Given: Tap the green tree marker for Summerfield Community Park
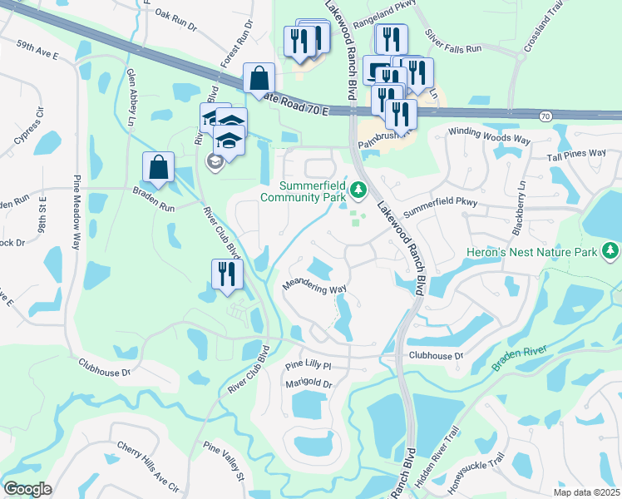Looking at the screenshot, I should pos(358,190).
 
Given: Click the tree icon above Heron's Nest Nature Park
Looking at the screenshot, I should pos(611,249).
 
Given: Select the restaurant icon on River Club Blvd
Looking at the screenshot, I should pos(226,274).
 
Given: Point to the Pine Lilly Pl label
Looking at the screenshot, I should pos(309,365).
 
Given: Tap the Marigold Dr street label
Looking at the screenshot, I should pos(309,384).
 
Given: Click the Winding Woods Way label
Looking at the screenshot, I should pos(489,133).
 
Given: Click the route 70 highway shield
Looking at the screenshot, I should pos(545,116).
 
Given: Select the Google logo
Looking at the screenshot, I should pos(27,489).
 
